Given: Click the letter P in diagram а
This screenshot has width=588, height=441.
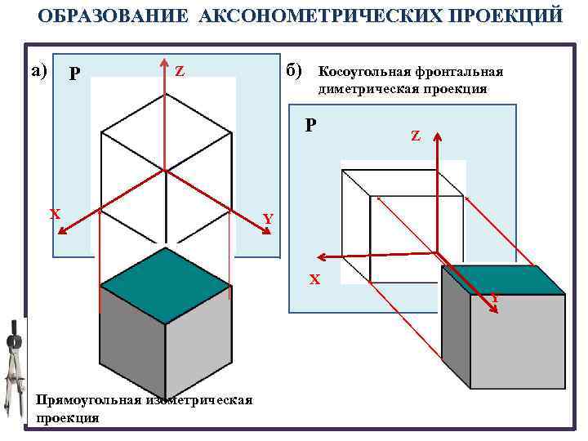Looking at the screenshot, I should click(x=74, y=74).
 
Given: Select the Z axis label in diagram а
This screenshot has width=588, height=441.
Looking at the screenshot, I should click(x=180, y=72).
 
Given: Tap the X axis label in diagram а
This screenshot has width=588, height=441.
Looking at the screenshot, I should click(x=55, y=215).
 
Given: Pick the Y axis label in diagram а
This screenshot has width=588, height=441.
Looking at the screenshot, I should click(x=267, y=219).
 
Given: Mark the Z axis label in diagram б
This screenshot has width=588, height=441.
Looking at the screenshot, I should click(x=415, y=136).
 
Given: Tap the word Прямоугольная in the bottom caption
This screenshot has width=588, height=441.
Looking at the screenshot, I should click(x=87, y=400).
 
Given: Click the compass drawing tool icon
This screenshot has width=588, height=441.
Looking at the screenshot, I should click(x=15, y=367).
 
